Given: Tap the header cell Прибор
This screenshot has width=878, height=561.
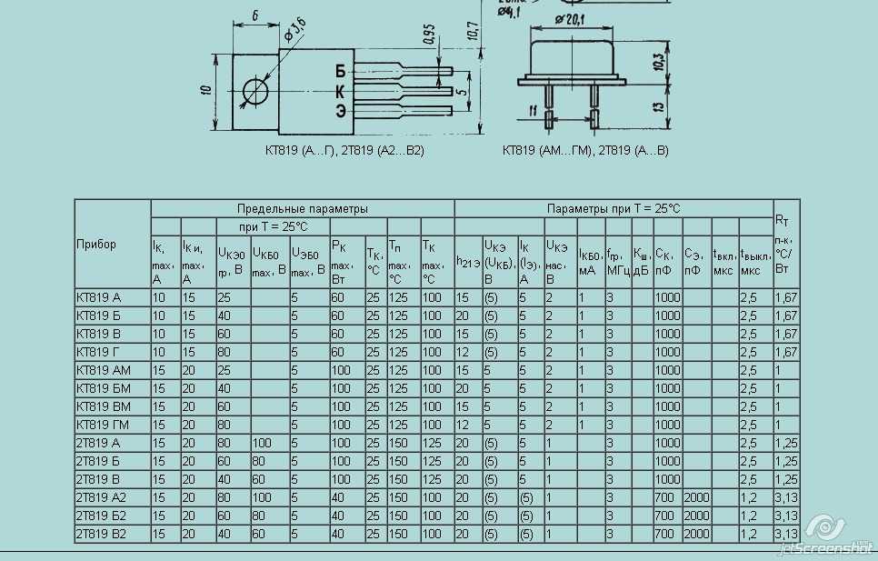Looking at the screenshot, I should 96,245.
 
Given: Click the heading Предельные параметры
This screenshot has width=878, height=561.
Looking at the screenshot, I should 303,209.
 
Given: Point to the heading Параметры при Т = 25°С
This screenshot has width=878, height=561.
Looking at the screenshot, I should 614,209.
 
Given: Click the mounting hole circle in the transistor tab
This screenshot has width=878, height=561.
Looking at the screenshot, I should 256,91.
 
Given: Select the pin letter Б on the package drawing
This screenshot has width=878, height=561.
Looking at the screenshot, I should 340,71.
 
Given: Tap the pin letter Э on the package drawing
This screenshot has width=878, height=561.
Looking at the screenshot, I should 340,111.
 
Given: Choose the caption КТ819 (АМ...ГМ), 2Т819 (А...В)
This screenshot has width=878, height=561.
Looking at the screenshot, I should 585,151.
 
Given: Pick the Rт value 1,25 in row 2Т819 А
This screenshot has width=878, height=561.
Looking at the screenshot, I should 785,443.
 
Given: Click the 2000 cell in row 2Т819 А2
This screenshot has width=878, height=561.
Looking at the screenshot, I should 696,497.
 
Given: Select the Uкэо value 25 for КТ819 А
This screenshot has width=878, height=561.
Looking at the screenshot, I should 224,297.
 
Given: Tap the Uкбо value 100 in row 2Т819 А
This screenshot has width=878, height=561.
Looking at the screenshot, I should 262,443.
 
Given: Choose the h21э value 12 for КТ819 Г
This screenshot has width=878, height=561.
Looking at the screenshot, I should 462,352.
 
